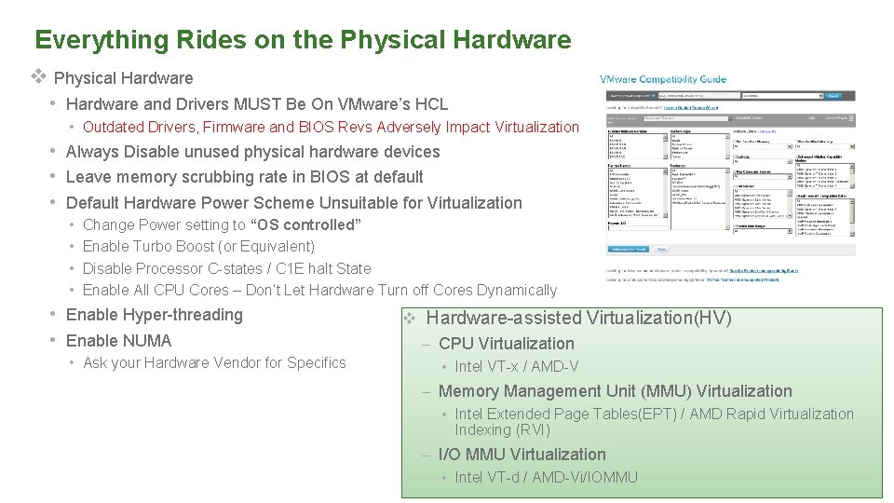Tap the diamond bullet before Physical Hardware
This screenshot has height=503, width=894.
[x=39, y=77]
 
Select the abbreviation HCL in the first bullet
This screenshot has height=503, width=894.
[x=431, y=104]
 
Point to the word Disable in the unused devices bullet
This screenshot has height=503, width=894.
[x=153, y=152]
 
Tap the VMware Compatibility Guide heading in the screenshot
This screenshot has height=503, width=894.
[x=662, y=80]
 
